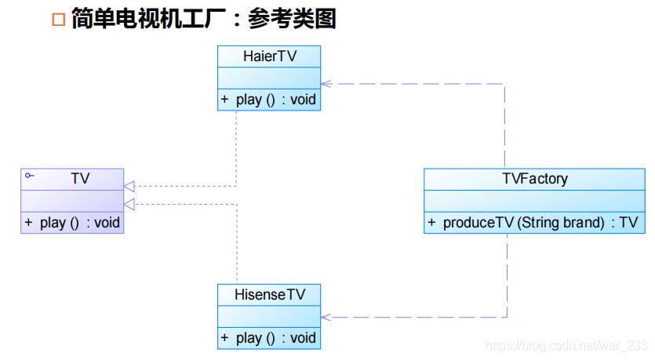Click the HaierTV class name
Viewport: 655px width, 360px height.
point(269,56)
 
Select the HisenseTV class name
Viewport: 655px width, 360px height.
point(269,294)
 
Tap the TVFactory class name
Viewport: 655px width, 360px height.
point(534,179)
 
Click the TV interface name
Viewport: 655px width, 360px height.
point(80,179)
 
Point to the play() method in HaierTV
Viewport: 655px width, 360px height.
point(269,100)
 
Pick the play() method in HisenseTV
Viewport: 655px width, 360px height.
point(269,338)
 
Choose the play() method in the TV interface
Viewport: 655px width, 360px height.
point(72,223)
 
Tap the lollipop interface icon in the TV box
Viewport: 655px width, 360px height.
point(29,176)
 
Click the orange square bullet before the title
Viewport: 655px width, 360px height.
point(58,20)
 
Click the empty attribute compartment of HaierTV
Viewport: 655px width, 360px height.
point(269,78)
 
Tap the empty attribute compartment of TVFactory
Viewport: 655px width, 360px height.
point(534,201)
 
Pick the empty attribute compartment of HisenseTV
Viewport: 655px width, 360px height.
point(269,316)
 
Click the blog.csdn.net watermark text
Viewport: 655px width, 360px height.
point(566,346)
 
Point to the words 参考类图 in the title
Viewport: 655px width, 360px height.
point(292,20)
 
